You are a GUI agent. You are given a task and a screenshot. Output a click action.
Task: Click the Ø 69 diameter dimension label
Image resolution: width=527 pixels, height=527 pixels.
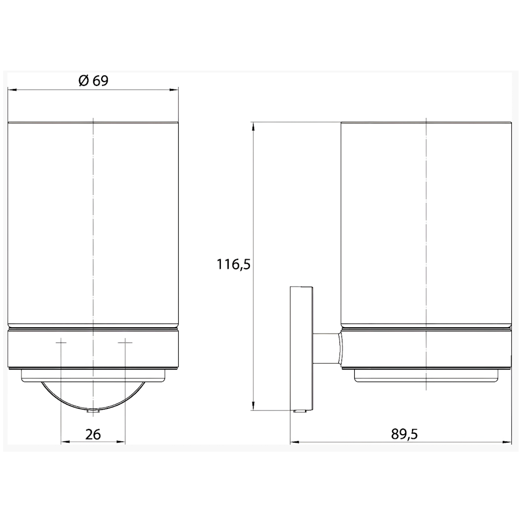93,81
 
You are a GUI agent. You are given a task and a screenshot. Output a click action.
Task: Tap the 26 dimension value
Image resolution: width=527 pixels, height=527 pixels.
93,435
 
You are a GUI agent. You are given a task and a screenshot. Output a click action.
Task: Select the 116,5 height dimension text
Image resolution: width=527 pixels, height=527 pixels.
233,265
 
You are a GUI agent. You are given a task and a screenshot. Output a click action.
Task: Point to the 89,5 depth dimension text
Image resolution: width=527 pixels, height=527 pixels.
404,434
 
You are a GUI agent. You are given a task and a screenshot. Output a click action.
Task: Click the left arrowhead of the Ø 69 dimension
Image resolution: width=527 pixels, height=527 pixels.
12,90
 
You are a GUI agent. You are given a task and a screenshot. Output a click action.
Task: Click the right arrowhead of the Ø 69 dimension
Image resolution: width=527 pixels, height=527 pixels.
174,90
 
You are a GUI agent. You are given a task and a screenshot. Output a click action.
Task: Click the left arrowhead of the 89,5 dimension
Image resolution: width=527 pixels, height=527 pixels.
295,442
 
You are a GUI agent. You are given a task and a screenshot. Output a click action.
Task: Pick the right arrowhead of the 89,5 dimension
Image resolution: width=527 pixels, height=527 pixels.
507,442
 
